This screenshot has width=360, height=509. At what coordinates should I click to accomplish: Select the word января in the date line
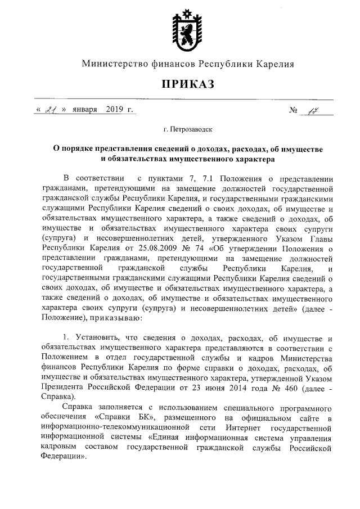(x=84, y=109)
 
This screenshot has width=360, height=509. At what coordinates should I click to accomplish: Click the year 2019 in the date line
(x=114, y=109)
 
